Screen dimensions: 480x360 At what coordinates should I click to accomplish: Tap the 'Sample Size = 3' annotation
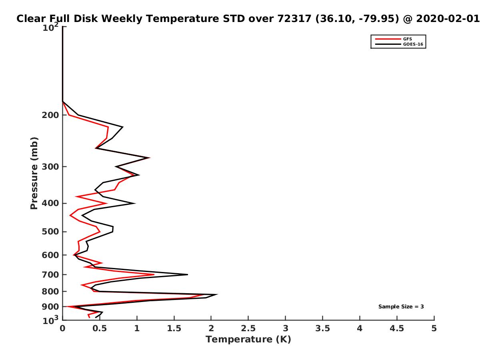tap(401, 307)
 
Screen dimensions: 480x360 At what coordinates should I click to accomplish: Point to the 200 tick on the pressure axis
tap(50, 115)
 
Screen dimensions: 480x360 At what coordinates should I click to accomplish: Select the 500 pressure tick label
tap(50, 232)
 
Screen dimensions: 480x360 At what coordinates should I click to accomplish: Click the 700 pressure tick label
tap(50, 274)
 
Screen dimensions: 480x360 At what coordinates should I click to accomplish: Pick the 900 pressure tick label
tap(50, 307)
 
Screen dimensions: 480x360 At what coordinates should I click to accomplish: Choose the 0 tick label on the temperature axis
tap(62, 328)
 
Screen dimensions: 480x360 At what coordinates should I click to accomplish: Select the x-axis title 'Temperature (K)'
tap(248, 340)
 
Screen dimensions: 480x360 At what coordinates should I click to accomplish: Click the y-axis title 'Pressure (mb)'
tap(34, 173)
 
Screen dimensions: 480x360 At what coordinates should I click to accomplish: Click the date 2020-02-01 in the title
tap(448, 19)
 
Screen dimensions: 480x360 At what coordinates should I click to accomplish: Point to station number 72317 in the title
tap(294, 19)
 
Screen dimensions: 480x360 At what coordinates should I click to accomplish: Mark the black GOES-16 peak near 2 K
tap(217, 294)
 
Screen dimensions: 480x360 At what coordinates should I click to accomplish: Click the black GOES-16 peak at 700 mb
tap(188, 274)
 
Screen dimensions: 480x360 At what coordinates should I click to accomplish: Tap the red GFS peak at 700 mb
tap(154, 274)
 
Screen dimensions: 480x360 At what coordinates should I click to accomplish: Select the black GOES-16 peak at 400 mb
tap(135, 203)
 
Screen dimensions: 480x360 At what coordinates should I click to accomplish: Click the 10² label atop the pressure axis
tap(50, 27)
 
